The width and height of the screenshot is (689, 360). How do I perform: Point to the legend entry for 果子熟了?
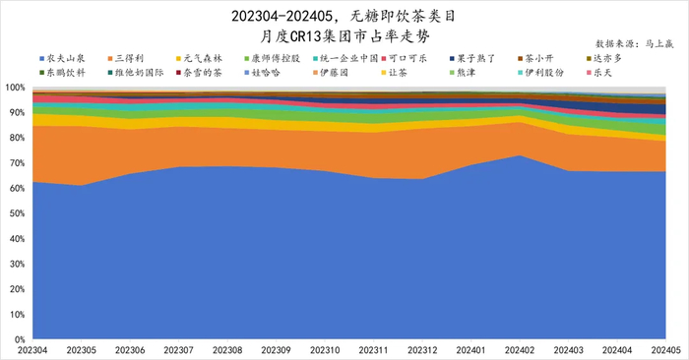483,60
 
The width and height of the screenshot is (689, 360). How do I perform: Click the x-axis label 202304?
33,350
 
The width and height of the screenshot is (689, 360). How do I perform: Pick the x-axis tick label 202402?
520,350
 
